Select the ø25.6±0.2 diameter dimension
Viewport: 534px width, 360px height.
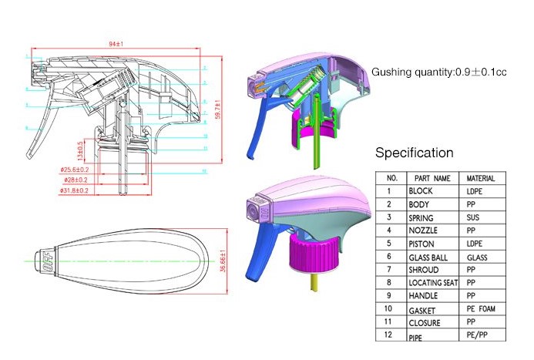coord(75,170)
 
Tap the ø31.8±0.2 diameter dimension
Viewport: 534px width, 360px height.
coord(75,189)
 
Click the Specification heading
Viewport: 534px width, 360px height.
coord(414,153)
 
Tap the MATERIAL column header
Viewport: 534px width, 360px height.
coord(482,178)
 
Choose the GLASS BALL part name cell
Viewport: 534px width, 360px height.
coord(428,257)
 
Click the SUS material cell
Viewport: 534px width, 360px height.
coord(474,217)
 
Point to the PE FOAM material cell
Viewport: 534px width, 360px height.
coord(482,309)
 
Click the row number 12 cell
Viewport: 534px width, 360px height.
coord(391,335)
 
